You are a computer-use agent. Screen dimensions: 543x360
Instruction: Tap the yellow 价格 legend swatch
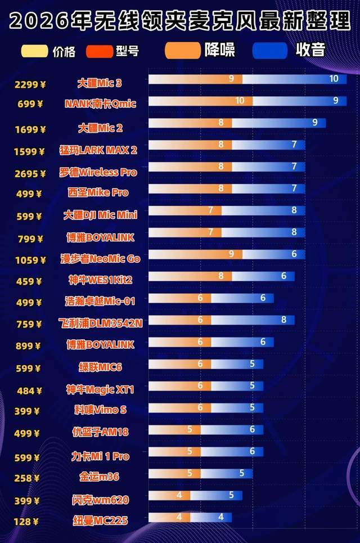(x=34, y=51)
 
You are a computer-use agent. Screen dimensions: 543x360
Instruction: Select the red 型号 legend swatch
(x=100, y=52)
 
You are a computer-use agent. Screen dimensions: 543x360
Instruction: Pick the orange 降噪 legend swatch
(x=182, y=51)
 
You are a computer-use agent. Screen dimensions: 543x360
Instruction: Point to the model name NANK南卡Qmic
(x=100, y=104)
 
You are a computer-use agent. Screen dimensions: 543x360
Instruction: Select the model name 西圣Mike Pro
(x=98, y=192)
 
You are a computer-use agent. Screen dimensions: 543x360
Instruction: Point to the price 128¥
(x=28, y=522)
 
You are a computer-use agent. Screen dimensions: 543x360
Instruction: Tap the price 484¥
(x=28, y=391)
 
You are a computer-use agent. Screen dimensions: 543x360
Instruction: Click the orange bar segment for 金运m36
(x=174, y=473)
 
